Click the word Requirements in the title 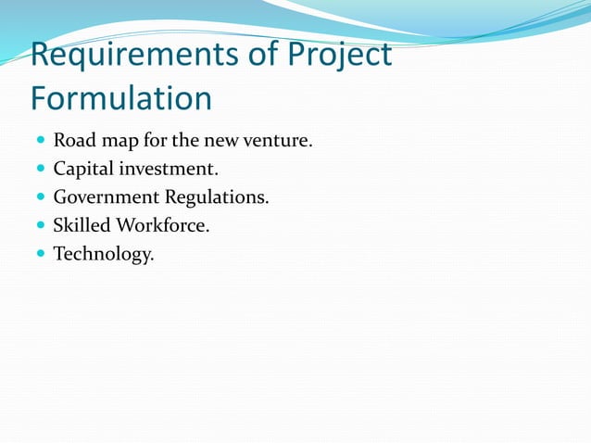[x=135, y=56]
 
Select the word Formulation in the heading [x=121, y=97]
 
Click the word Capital [x=85, y=170]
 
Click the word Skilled [x=82, y=225]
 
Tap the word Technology [x=103, y=253]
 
